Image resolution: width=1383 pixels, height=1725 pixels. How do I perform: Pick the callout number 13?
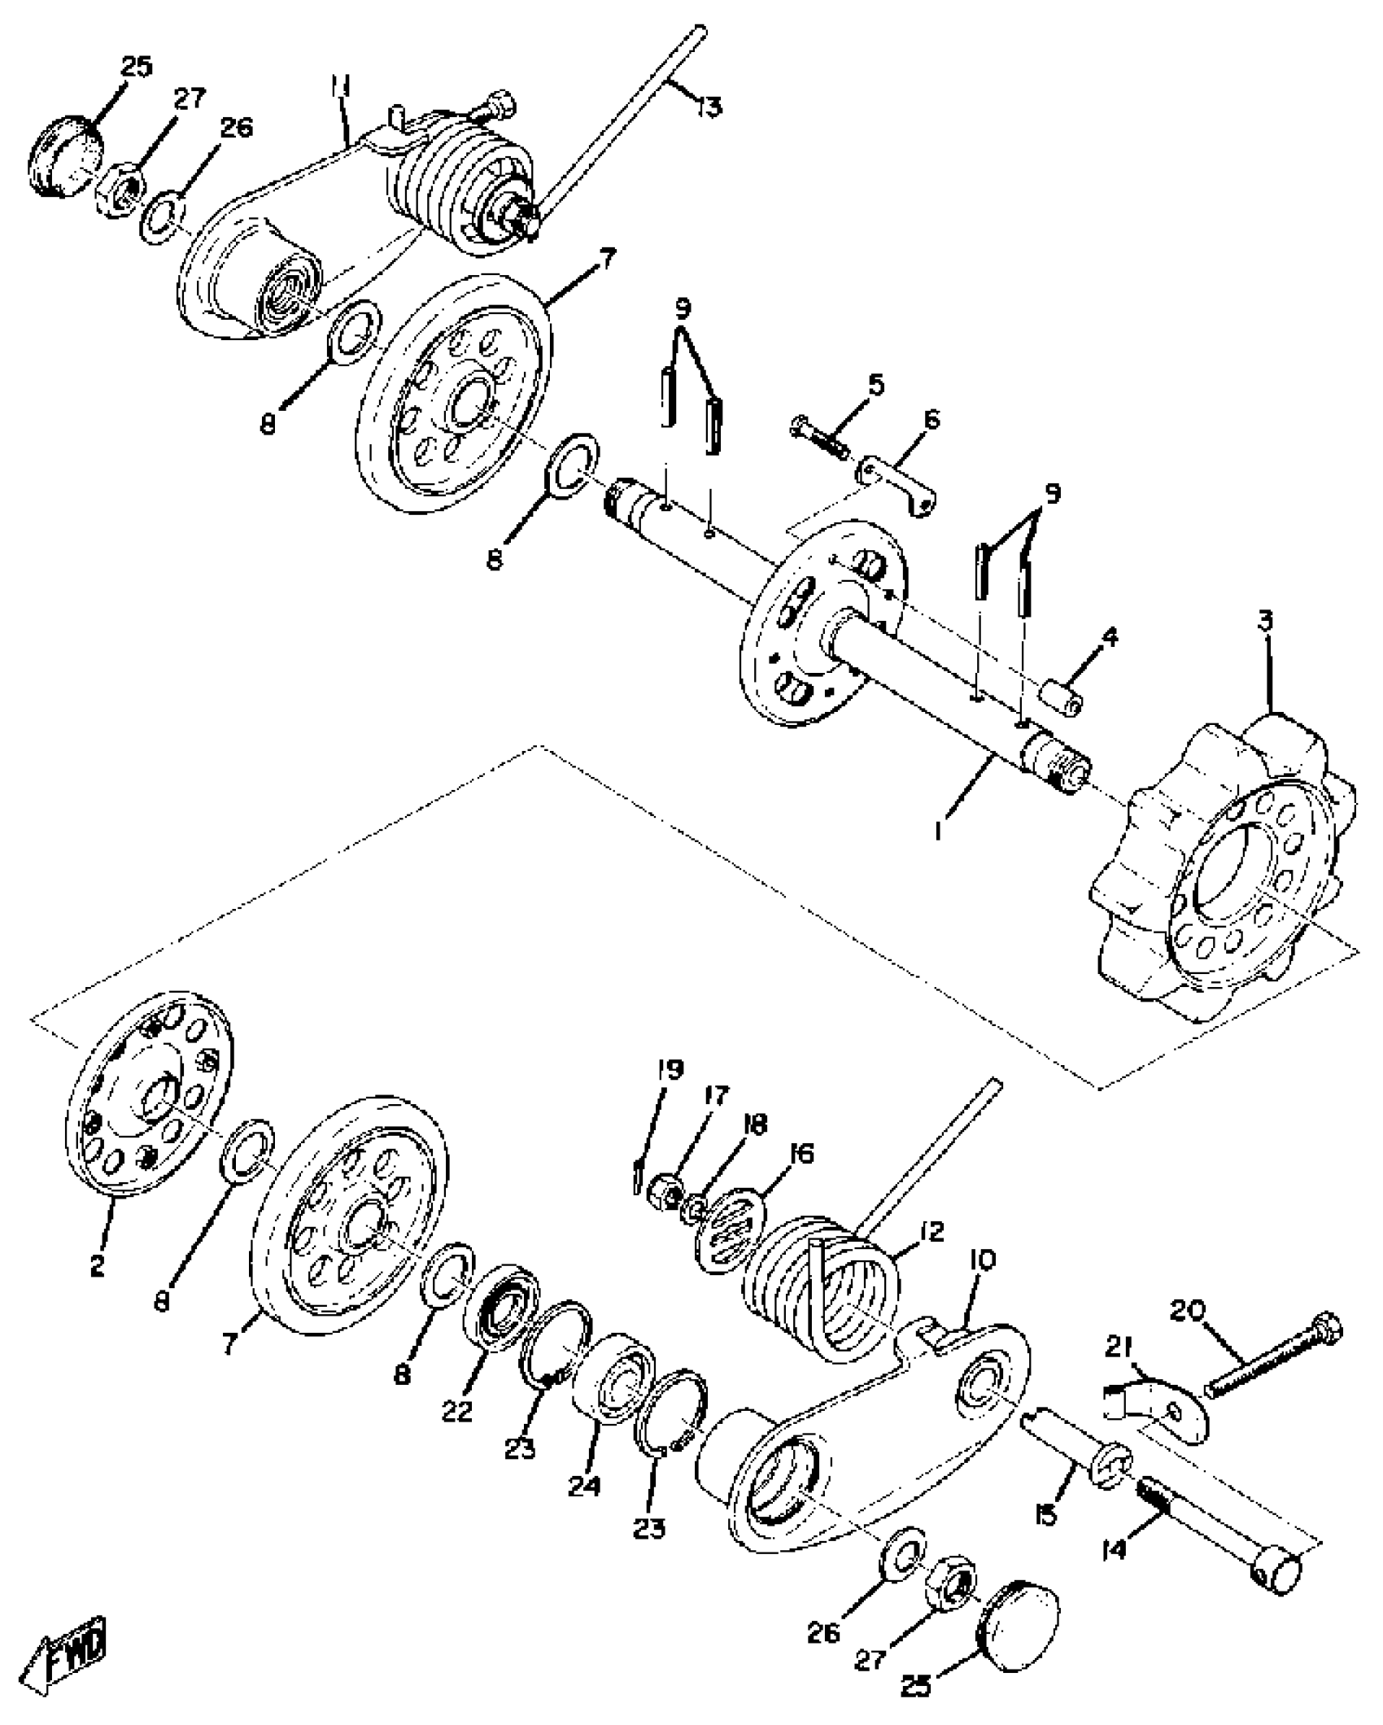tap(709, 106)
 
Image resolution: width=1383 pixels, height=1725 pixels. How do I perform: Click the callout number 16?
tap(801, 1154)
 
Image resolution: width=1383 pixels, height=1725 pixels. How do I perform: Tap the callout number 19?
tap(671, 1069)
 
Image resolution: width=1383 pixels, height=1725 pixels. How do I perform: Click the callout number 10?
tap(983, 1260)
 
